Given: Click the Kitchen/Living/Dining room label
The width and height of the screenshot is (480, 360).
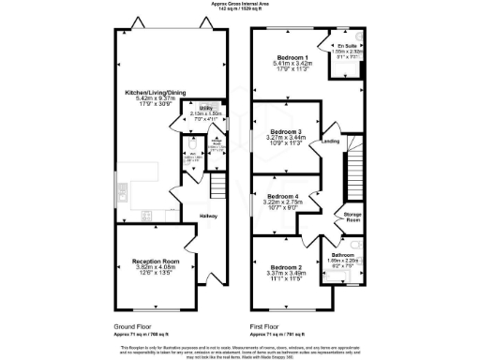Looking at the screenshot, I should (154, 93).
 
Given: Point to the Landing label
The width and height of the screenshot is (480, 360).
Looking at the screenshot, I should (331, 142).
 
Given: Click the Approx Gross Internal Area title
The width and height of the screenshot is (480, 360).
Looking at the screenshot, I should (240, 5).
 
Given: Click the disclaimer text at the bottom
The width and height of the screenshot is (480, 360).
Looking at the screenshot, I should (240, 350).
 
